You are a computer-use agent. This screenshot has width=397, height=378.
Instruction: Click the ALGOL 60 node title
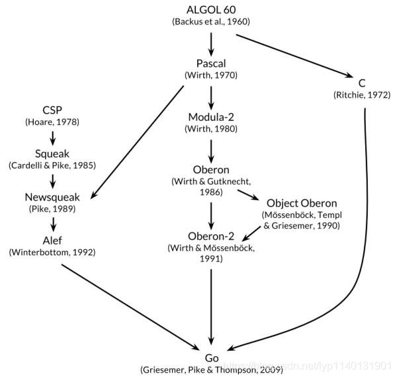pyautogui.click(x=211, y=10)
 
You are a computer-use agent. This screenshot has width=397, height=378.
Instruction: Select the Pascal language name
pyautogui.click(x=211, y=63)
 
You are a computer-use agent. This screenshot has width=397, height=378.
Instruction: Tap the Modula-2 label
pyautogui.click(x=211, y=117)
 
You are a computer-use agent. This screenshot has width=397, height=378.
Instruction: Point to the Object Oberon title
pyautogui.click(x=302, y=204)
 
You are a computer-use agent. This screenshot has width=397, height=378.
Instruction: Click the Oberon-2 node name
pyautogui.click(x=211, y=236)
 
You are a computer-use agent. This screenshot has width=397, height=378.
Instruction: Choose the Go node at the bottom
pyautogui.click(x=212, y=358)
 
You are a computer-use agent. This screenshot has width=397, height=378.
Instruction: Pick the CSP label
pyautogui.click(x=52, y=110)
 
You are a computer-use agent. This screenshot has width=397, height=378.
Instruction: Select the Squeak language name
pyautogui.click(x=52, y=154)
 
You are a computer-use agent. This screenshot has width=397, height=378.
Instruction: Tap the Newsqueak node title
pyautogui.click(x=52, y=197)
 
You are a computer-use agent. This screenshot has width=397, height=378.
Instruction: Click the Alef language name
pyautogui.click(x=52, y=241)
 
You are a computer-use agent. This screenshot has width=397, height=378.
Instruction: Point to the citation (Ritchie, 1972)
pyautogui.click(x=362, y=95)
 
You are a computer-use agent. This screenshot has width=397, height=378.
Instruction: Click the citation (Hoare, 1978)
pyautogui.click(x=52, y=122)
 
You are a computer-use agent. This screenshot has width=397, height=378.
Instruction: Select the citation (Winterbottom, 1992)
pyautogui.click(x=52, y=252)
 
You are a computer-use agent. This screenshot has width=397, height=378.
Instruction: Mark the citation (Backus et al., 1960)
pyautogui.click(x=211, y=22)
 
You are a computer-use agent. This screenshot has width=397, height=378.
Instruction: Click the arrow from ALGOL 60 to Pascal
pyautogui.click(x=211, y=44)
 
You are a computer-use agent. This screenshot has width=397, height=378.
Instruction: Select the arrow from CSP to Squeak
pyautogui.click(x=53, y=138)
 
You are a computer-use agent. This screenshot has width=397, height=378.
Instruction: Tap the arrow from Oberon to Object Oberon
pyautogui.click(x=248, y=195)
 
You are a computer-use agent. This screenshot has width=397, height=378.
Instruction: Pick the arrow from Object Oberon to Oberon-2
pyautogui.click(x=251, y=234)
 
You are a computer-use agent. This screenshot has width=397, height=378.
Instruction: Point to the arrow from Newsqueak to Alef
pyautogui.click(x=53, y=225)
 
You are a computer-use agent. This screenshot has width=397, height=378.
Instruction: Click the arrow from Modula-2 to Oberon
pyautogui.click(x=211, y=151)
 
